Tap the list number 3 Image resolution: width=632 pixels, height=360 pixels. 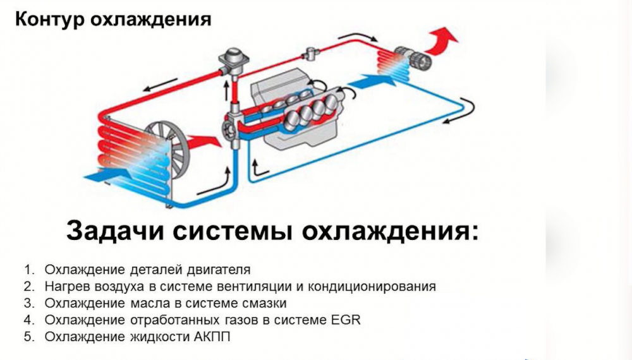(x=28, y=303)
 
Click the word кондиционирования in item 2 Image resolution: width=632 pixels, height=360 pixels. (x=370, y=287)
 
